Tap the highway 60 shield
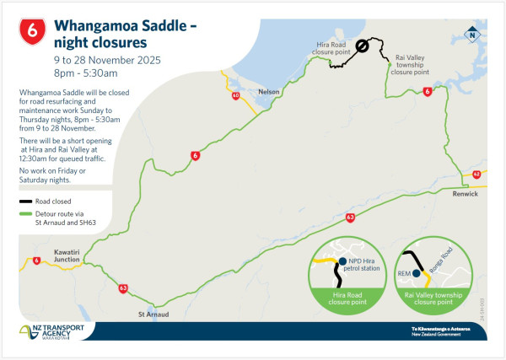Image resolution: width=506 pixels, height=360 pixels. coord(234,96)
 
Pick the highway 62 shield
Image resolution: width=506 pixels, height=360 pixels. coord(476,175)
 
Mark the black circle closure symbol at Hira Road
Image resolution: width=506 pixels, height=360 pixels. coord(362,47)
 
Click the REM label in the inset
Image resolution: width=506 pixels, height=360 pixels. coord(415,272)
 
